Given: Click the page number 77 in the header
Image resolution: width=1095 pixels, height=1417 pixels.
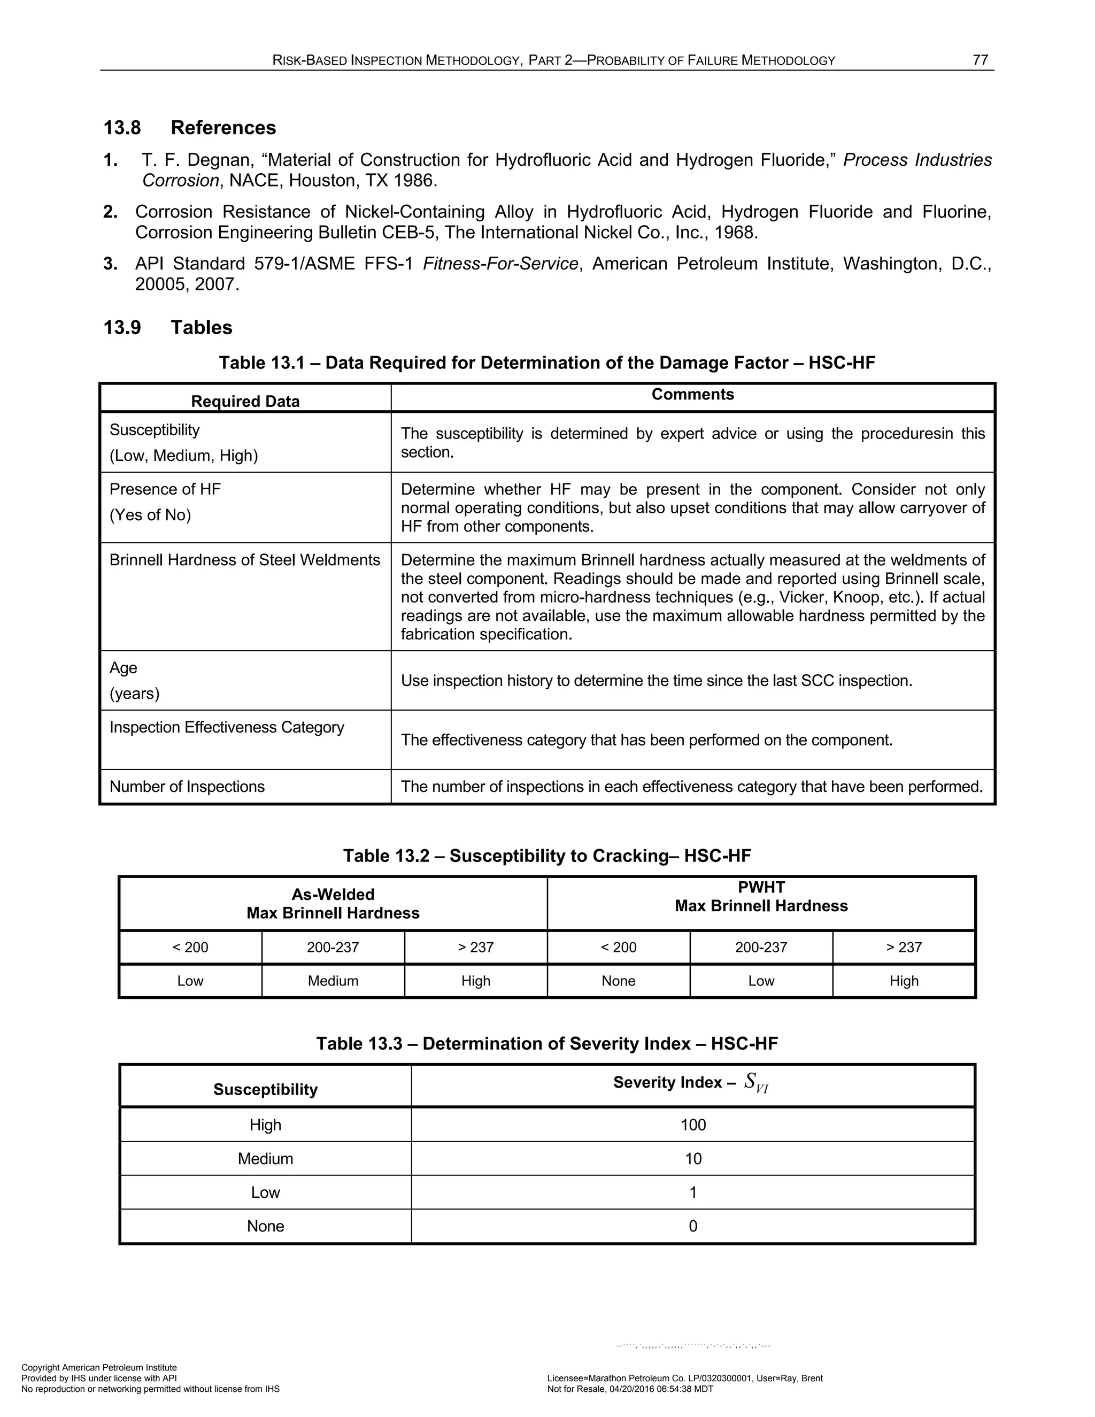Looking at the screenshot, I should (980, 60).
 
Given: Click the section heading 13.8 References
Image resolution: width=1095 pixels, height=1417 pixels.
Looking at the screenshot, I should (189, 128).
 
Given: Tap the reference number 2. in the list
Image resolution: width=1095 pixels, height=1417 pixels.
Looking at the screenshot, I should (110, 212).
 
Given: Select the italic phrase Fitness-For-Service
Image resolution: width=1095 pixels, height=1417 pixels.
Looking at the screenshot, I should (500, 264).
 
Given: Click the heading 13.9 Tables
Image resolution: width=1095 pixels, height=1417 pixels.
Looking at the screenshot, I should (167, 328).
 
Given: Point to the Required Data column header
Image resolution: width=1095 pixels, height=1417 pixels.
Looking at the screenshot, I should (245, 401).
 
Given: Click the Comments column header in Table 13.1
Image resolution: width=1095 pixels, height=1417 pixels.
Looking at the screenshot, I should (692, 395).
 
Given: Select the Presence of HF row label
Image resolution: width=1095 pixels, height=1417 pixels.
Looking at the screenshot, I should (165, 489).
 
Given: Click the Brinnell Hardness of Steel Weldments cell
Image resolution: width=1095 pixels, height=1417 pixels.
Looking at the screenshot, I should (244, 560).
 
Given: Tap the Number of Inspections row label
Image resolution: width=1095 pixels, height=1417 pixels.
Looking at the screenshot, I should (187, 787).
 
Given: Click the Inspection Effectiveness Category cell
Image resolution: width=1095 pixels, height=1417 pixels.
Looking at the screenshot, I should (226, 727).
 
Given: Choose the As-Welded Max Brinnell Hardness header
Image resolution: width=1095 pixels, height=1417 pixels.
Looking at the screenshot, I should (333, 904).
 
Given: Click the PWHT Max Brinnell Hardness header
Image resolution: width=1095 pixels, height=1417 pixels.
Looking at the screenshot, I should (761, 897).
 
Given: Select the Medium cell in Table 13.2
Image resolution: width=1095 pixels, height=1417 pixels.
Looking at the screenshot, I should (333, 981).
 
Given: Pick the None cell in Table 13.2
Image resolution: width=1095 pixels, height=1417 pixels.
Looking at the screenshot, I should (618, 981).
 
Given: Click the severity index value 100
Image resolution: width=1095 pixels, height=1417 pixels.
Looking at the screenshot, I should (693, 1125).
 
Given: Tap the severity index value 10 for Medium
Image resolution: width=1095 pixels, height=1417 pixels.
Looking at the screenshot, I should (693, 1159).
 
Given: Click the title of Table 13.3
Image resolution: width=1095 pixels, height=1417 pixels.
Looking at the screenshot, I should (547, 1043).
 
